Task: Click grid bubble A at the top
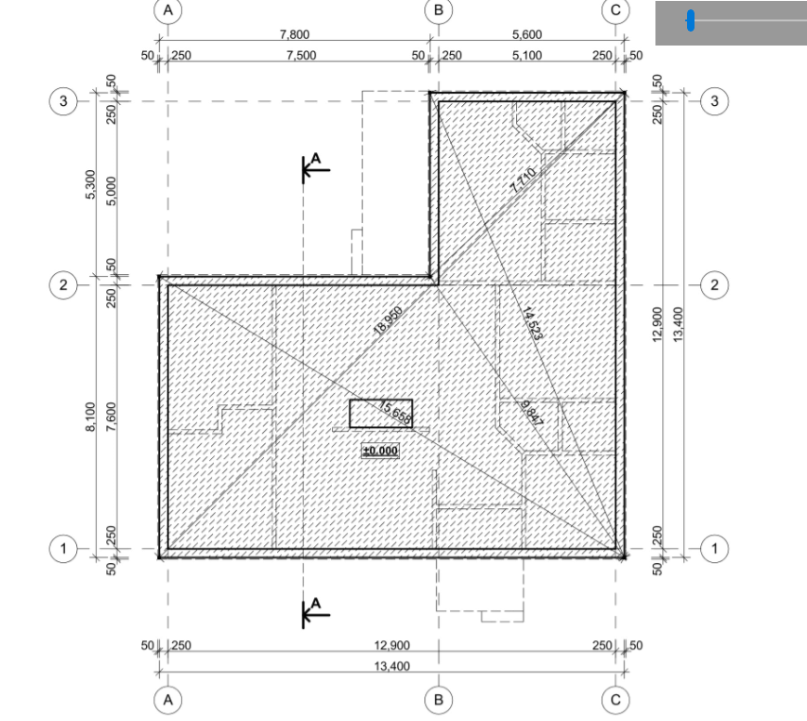[167, 10]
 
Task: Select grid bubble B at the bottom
[439, 700]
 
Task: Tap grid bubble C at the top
[615, 10]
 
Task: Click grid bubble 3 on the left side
[63, 100]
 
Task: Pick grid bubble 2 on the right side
[714, 284]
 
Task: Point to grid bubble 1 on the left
[63, 549]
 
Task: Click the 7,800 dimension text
[295, 34]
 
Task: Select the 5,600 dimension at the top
[527, 34]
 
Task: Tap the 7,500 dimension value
[301, 55]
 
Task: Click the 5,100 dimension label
[527, 55]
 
